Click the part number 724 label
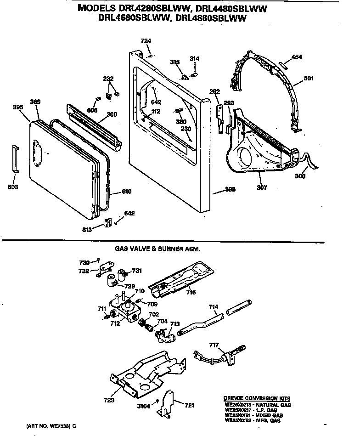(146, 41)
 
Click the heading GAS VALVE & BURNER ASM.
(157, 249)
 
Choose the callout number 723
(109, 400)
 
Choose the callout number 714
(214, 307)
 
